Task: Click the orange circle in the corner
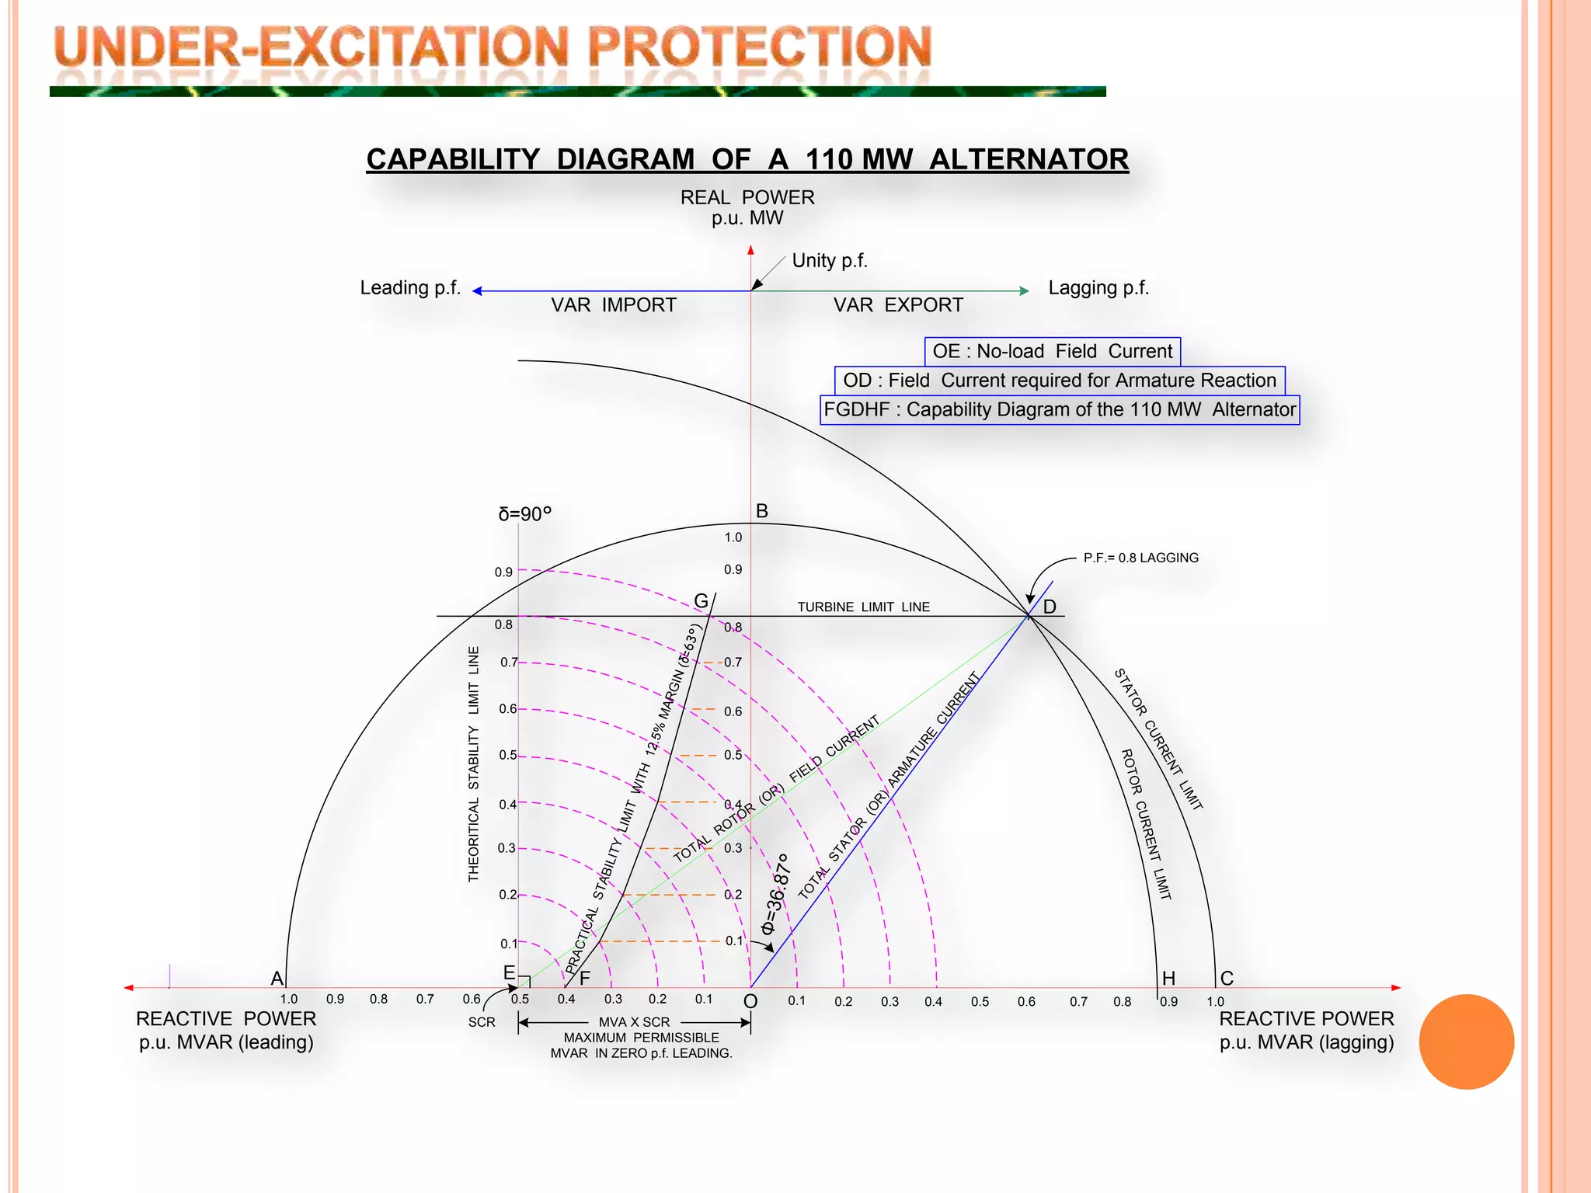(x=1466, y=1042)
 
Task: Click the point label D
(x=1050, y=607)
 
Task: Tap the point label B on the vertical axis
(x=761, y=511)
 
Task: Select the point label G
(x=701, y=601)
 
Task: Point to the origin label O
(x=750, y=1002)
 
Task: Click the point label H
(x=1168, y=979)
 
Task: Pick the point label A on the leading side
(x=277, y=979)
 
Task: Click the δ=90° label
(x=524, y=514)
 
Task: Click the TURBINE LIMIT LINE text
(x=863, y=607)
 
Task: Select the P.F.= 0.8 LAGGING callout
(x=1140, y=558)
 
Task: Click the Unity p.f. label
(x=829, y=261)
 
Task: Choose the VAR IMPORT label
(x=614, y=305)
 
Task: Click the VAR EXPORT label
(x=898, y=305)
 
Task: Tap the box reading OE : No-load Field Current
(x=1052, y=352)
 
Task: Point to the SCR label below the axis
(x=482, y=1022)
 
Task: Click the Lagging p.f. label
(x=1098, y=288)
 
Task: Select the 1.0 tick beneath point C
(x=1216, y=1002)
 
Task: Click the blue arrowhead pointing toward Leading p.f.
(x=477, y=291)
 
